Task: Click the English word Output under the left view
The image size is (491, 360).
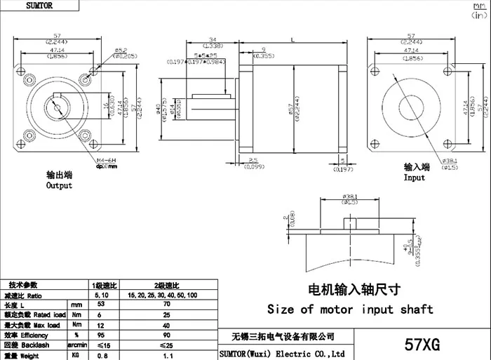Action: point(59,186)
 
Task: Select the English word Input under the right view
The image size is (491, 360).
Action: point(414,178)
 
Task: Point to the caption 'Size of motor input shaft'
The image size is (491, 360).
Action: point(350,309)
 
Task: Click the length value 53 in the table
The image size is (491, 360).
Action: point(100,305)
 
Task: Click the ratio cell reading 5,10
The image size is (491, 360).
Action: point(100,295)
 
